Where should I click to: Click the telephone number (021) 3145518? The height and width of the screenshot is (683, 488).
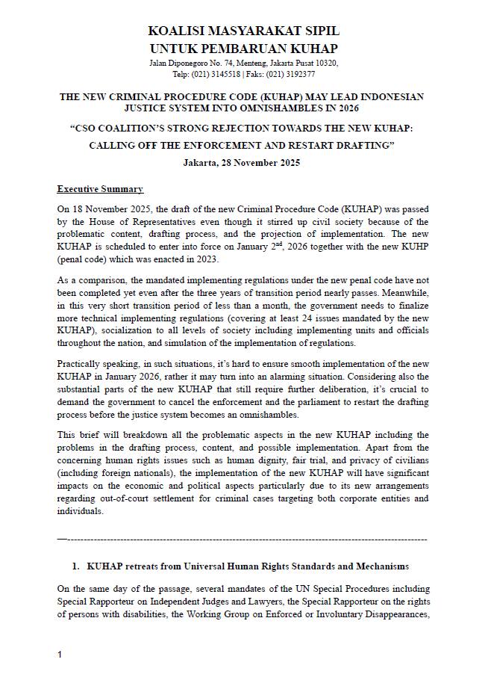pyautogui.click(x=216, y=74)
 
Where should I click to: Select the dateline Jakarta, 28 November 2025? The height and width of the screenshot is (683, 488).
pyautogui.click(x=243, y=163)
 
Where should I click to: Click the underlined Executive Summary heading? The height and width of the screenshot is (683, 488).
pyautogui.click(x=100, y=189)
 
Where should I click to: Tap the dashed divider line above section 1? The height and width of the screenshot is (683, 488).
pyautogui.click(x=243, y=539)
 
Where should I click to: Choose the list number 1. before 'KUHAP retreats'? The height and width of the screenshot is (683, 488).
pyautogui.click(x=75, y=566)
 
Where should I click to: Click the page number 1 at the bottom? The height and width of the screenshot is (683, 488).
pyautogui.click(x=60, y=655)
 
